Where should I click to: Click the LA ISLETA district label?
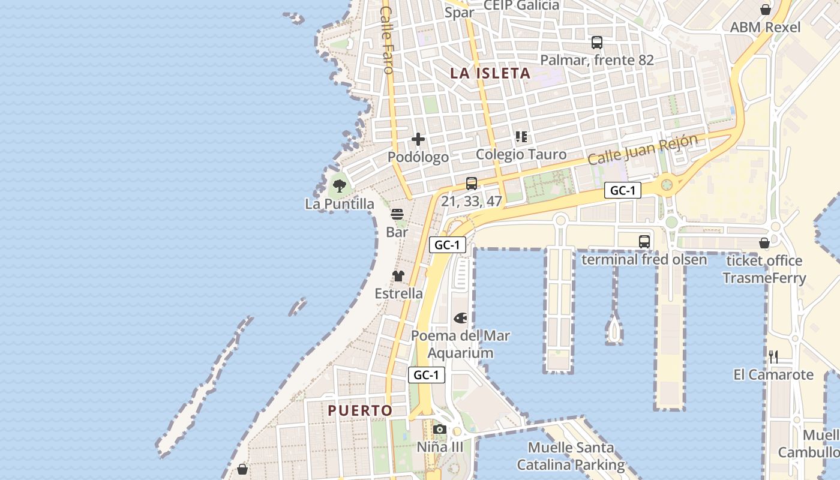click(x=490, y=73)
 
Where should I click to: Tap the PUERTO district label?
click(x=360, y=410)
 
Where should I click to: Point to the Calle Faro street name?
click(x=387, y=40)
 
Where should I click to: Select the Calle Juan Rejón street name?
click(x=643, y=149)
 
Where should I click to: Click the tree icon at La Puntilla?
click(x=340, y=185)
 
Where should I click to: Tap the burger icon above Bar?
click(x=397, y=214)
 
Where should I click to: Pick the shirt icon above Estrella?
click(x=398, y=276)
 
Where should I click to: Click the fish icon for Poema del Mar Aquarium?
click(x=460, y=317)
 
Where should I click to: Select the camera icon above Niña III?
click(x=440, y=429)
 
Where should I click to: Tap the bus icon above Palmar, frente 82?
click(x=597, y=43)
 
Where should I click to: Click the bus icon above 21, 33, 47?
click(x=472, y=184)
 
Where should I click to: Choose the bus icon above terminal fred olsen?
click(x=644, y=242)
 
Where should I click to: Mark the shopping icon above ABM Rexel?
click(x=766, y=10)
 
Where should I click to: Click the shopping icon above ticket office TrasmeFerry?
click(x=764, y=243)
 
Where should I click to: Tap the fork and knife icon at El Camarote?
click(x=774, y=357)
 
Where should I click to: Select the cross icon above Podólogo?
click(x=418, y=140)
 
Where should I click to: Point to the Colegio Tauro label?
click(x=521, y=154)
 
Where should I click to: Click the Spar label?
click(x=460, y=12)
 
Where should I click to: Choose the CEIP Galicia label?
click(x=521, y=5)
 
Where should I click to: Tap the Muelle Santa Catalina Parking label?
click(x=571, y=456)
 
